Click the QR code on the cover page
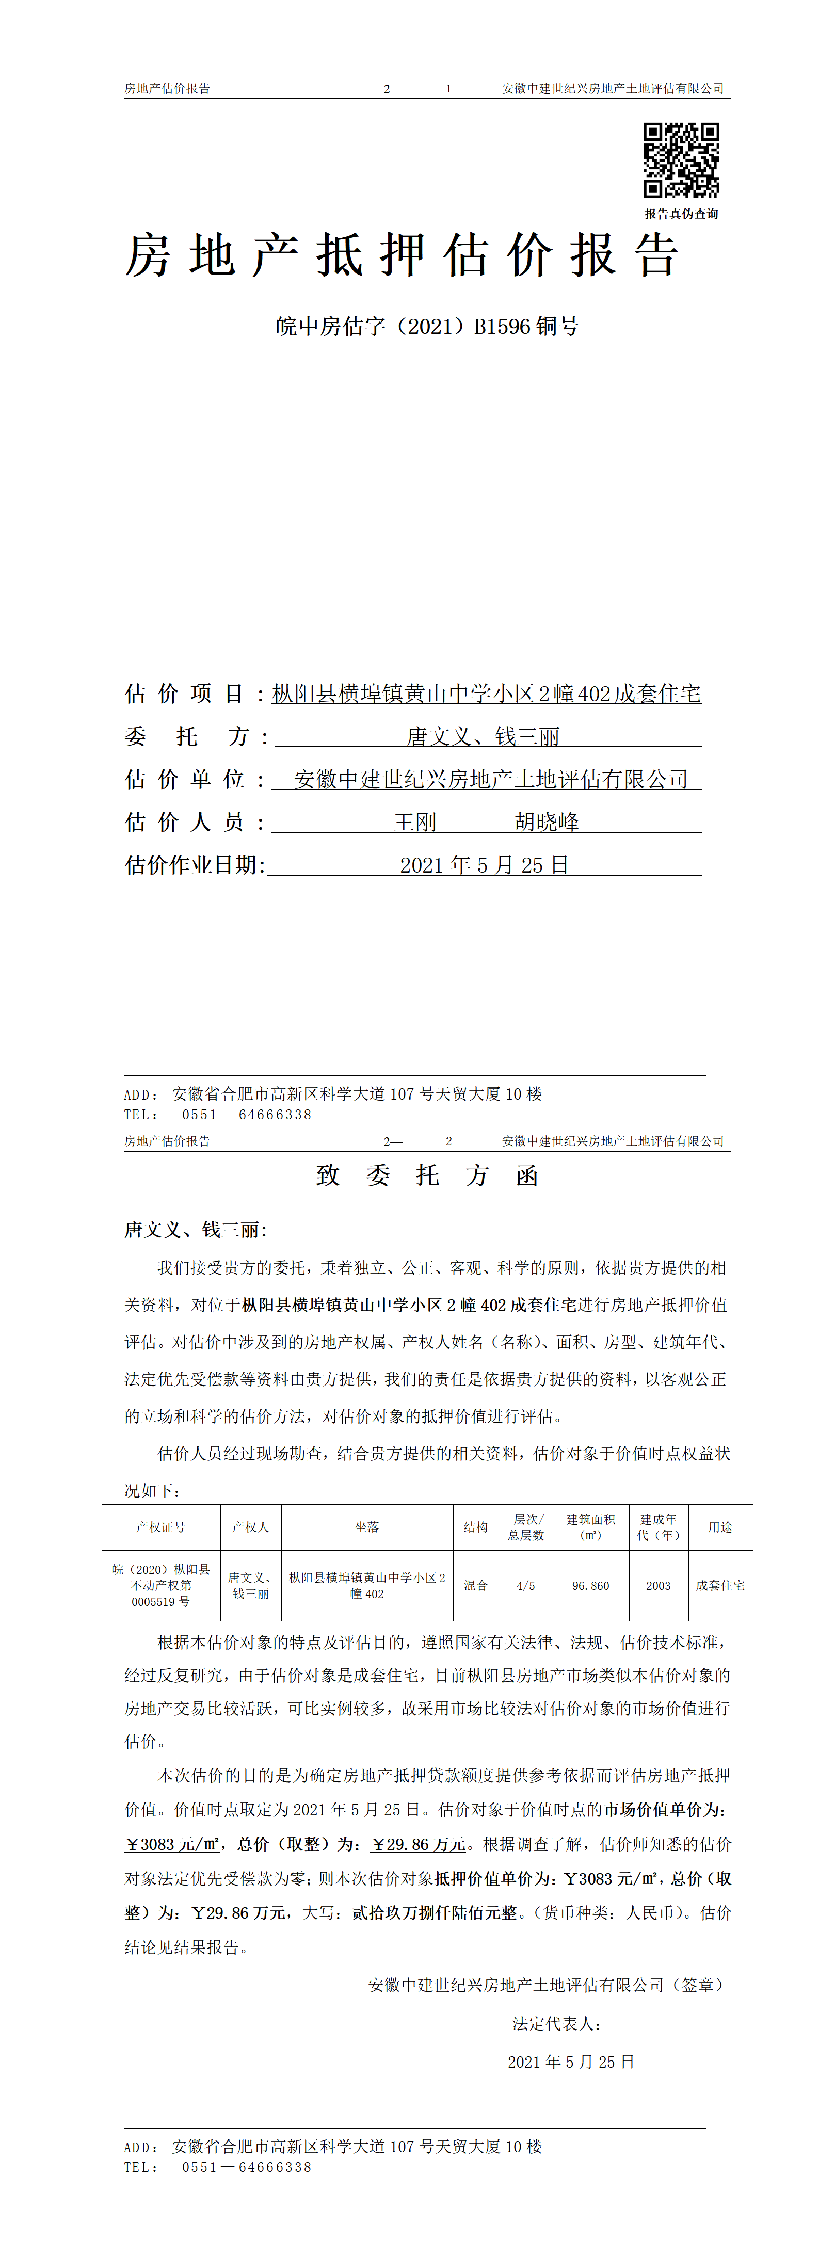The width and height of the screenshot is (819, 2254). tap(681, 160)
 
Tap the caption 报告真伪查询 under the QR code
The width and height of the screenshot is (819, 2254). tap(681, 214)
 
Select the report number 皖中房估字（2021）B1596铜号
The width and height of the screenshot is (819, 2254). tap(427, 326)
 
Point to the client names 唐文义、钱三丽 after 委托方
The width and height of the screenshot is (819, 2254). tap(483, 737)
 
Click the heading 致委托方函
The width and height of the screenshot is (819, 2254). tap(427, 1175)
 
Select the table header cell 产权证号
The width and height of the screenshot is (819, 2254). tap(161, 1527)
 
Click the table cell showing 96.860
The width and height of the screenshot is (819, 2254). tap(590, 1586)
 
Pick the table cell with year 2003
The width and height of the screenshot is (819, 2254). tap(658, 1586)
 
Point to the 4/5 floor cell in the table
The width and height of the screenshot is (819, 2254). tap(526, 1586)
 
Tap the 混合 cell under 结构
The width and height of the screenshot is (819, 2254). tap(476, 1586)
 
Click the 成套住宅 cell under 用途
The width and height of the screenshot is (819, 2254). tap(720, 1586)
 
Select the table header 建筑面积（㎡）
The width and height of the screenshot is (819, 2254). tap(590, 1527)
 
